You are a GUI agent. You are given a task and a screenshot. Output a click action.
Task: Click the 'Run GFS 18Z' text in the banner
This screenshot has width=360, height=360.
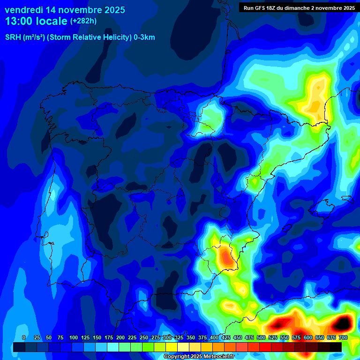pyautogui.click(x=261, y=8)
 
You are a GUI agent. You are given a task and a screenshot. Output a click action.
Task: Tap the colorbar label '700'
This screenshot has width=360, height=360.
pyautogui.click(x=343, y=337)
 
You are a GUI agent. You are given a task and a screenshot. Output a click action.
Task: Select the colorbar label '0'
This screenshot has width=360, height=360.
pyautogui.click(x=24, y=337)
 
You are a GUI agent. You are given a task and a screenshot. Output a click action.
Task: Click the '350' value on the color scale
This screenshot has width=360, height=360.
pyautogui.click(x=191, y=337)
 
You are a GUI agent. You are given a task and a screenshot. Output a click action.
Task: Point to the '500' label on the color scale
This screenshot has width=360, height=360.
pyautogui.click(x=261, y=337)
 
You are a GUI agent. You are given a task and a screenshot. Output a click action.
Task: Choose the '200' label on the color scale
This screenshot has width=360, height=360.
pyautogui.click(x=120, y=337)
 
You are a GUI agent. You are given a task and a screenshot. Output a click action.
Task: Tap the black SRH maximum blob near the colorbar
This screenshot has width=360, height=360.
pyautogui.click(x=343, y=322)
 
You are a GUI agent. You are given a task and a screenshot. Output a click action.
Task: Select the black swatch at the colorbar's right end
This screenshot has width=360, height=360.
pyautogui.click(x=336, y=347)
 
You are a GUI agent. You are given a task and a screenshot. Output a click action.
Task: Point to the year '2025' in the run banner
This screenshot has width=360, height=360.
pyautogui.click(x=347, y=8)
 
